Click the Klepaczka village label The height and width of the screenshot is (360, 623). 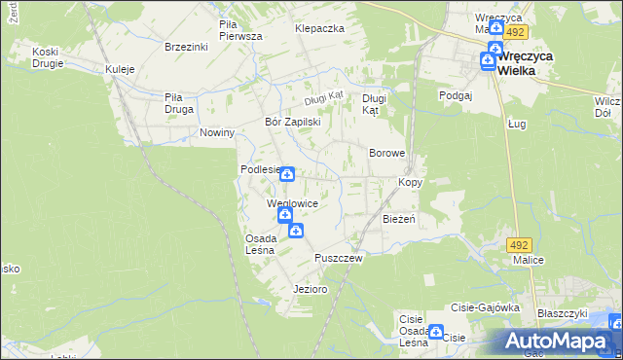click(320, 29)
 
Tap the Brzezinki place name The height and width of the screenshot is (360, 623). click(189, 46)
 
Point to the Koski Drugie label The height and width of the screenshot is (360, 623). click(48, 57)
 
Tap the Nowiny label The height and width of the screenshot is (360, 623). click(217, 132)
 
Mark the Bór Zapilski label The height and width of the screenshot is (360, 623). click(293, 123)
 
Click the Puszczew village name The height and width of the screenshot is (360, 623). click(339, 258)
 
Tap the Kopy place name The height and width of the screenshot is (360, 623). click(410, 182)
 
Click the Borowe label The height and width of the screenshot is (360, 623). click(386, 154)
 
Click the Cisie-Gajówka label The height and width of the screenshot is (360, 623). click(484, 306)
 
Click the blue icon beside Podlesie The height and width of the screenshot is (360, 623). click(287, 173)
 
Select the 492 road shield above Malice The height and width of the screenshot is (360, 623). click(520, 244)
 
